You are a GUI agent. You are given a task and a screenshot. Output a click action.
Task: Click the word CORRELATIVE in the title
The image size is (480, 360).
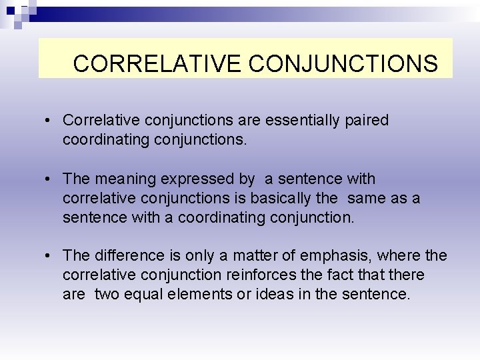point(157,63)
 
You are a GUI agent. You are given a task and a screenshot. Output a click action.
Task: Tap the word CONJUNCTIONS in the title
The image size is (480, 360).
point(343,63)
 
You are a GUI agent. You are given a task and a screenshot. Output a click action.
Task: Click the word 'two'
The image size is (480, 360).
point(107,293)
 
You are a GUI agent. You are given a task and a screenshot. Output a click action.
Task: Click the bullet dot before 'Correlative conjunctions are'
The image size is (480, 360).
point(49,121)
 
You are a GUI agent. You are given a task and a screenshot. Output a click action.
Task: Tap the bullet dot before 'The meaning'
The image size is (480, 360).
point(49,179)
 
